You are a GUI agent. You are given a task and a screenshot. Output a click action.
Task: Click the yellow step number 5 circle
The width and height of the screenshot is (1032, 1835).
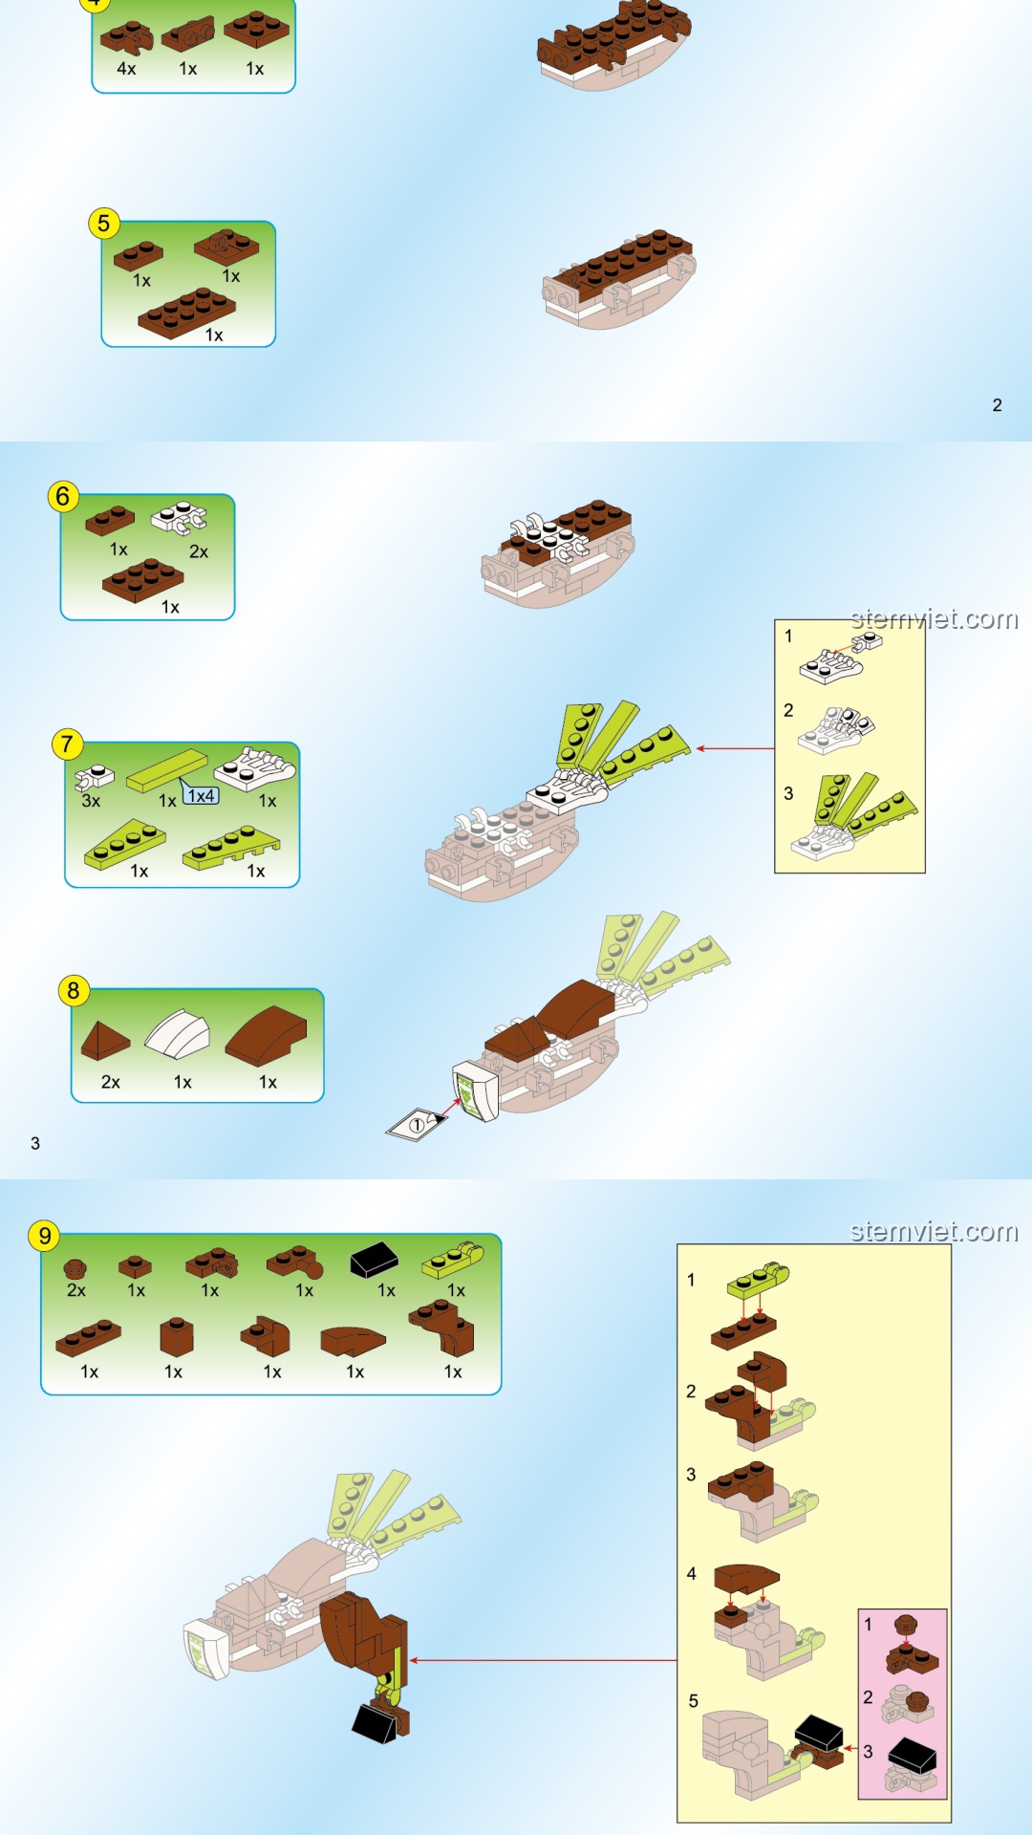pyautogui.click(x=103, y=224)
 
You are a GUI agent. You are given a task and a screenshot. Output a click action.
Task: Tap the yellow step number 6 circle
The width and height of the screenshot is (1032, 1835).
pyautogui.click(x=63, y=496)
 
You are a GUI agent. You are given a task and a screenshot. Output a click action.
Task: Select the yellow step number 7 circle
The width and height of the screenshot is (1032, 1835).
pyautogui.click(x=67, y=745)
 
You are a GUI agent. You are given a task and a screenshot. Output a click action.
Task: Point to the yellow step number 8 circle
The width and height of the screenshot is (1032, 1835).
pyautogui.click(x=74, y=990)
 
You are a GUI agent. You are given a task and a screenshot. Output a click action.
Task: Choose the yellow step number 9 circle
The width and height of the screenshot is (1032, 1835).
pyautogui.click(x=44, y=1236)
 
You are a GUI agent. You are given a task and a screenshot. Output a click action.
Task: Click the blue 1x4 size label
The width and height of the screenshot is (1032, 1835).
pyautogui.click(x=201, y=795)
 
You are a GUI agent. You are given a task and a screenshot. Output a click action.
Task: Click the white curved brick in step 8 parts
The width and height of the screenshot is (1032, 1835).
pyautogui.click(x=178, y=1034)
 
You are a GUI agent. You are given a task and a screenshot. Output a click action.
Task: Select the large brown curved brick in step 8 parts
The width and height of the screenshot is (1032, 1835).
pyautogui.click(x=267, y=1035)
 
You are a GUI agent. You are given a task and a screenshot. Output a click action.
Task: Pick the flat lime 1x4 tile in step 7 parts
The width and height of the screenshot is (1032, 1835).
pyautogui.click(x=167, y=770)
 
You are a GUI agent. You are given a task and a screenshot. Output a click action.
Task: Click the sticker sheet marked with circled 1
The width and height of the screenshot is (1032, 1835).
pyautogui.click(x=418, y=1124)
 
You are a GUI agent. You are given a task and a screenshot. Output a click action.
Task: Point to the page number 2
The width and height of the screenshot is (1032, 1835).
pyautogui.click(x=997, y=405)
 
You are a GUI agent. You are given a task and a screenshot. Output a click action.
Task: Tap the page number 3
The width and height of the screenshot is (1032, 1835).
pyautogui.click(x=35, y=1143)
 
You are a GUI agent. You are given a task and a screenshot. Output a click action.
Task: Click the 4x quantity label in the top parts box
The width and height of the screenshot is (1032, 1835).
pyautogui.click(x=126, y=69)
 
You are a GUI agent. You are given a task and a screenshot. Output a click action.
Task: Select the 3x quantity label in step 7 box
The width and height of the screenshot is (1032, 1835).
pyautogui.click(x=91, y=801)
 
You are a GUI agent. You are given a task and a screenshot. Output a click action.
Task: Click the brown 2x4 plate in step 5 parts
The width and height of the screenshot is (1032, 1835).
pyautogui.click(x=187, y=313)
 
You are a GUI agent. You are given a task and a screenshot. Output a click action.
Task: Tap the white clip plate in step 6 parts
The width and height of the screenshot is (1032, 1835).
pyautogui.click(x=179, y=517)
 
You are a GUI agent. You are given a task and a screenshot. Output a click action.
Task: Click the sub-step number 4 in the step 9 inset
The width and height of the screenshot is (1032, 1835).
pyautogui.click(x=692, y=1573)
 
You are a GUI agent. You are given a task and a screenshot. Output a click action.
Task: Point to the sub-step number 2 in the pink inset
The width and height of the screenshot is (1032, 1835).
pyautogui.click(x=868, y=1697)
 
